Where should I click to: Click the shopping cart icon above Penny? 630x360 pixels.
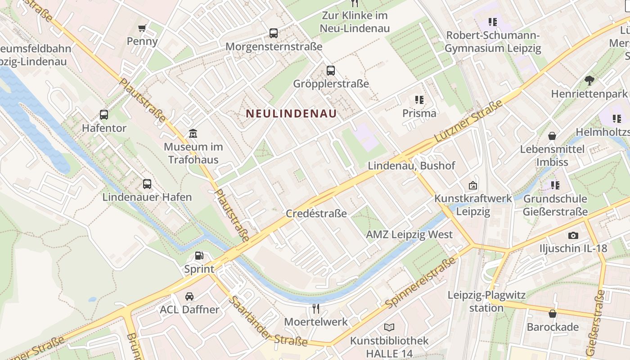[x=142, y=28]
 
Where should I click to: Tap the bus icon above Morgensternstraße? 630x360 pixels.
[x=274, y=33]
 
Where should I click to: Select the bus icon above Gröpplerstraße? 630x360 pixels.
[x=331, y=70]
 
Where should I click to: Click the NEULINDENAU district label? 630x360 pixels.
[x=292, y=114]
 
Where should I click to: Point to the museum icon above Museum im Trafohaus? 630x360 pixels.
[x=193, y=133]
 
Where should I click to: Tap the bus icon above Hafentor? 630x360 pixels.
[x=104, y=114]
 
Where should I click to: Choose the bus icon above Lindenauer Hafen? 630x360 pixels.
[x=147, y=184]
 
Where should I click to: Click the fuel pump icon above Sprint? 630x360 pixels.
[x=199, y=256]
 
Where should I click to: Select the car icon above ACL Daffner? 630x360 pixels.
[x=189, y=296]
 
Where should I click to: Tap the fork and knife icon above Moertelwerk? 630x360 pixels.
[x=316, y=308]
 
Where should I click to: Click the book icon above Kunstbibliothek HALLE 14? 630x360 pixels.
[x=389, y=327]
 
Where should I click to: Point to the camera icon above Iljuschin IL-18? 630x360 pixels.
[x=573, y=235]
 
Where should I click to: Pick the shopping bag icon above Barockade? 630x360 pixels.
[x=553, y=313]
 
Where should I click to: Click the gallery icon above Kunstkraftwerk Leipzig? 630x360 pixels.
[x=473, y=185]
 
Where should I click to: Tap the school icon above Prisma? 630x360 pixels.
[x=419, y=99]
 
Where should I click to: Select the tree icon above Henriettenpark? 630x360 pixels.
[x=589, y=81]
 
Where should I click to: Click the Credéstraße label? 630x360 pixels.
[x=316, y=213]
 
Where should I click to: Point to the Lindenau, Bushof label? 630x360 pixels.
[x=411, y=166]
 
